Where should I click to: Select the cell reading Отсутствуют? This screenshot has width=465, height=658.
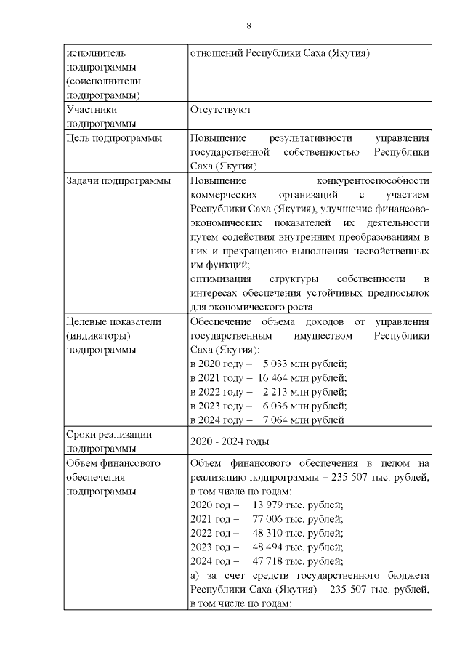point(220,110)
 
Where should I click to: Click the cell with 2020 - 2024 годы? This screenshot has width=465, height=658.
point(229,441)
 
